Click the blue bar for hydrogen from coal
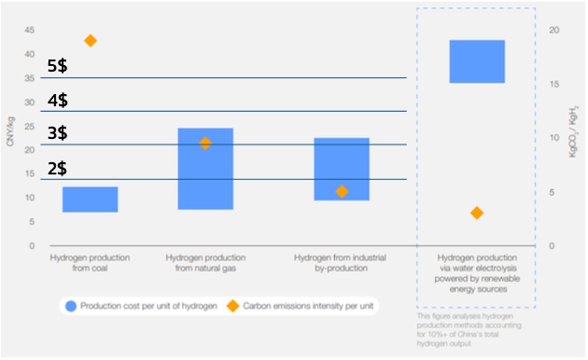(90, 199)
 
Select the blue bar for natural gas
(205, 169)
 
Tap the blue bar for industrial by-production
(341, 169)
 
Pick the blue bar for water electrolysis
(477, 62)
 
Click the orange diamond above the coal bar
(91, 41)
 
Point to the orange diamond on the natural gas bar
(205, 143)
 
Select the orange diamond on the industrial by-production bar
(342, 191)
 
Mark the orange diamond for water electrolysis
(477, 212)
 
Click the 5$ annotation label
(57, 66)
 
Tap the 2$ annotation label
(57, 169)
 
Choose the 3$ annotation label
(57, 134)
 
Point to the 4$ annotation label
(57, 101)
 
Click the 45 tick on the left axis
(30, 30)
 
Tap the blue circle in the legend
(72, 306)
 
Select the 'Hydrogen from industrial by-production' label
(340, 263)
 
